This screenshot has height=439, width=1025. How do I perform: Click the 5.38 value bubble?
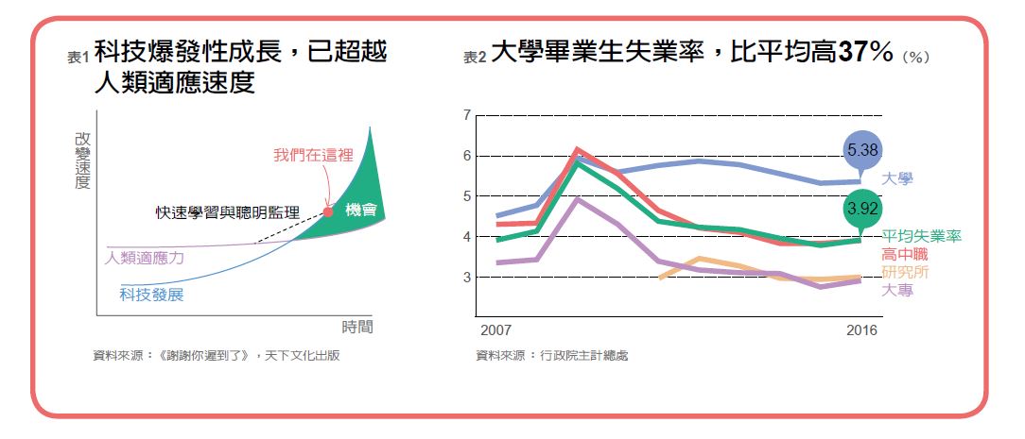(863, 150)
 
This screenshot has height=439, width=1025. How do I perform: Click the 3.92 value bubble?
(863, 209)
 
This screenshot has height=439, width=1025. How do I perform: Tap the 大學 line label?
(897, 177)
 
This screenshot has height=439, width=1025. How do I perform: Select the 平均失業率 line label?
(921, 236)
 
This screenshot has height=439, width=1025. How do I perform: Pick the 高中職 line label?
(905, 254)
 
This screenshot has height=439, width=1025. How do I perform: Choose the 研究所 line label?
(905, 273)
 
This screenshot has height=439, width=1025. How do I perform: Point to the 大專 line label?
(897, 291)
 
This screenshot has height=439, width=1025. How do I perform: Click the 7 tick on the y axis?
(466, 116)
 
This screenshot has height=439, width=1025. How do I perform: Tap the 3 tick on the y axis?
(466, 278)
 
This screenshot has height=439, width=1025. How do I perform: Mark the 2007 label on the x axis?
(496, 330)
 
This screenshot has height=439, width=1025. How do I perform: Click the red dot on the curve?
(328, 211)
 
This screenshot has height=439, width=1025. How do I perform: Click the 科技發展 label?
(151, 294)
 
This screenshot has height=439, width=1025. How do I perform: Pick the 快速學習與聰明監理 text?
(227, 212)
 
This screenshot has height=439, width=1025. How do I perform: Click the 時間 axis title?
(357, 328)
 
